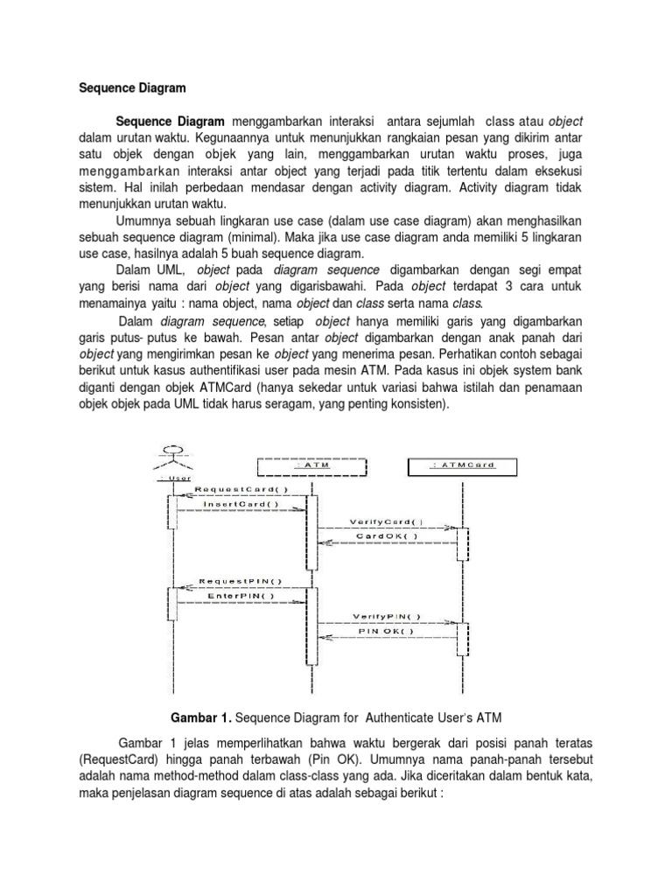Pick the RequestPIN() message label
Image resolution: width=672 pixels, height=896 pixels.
click(240, 581)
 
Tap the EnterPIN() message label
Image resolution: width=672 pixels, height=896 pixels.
click(241, 596)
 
